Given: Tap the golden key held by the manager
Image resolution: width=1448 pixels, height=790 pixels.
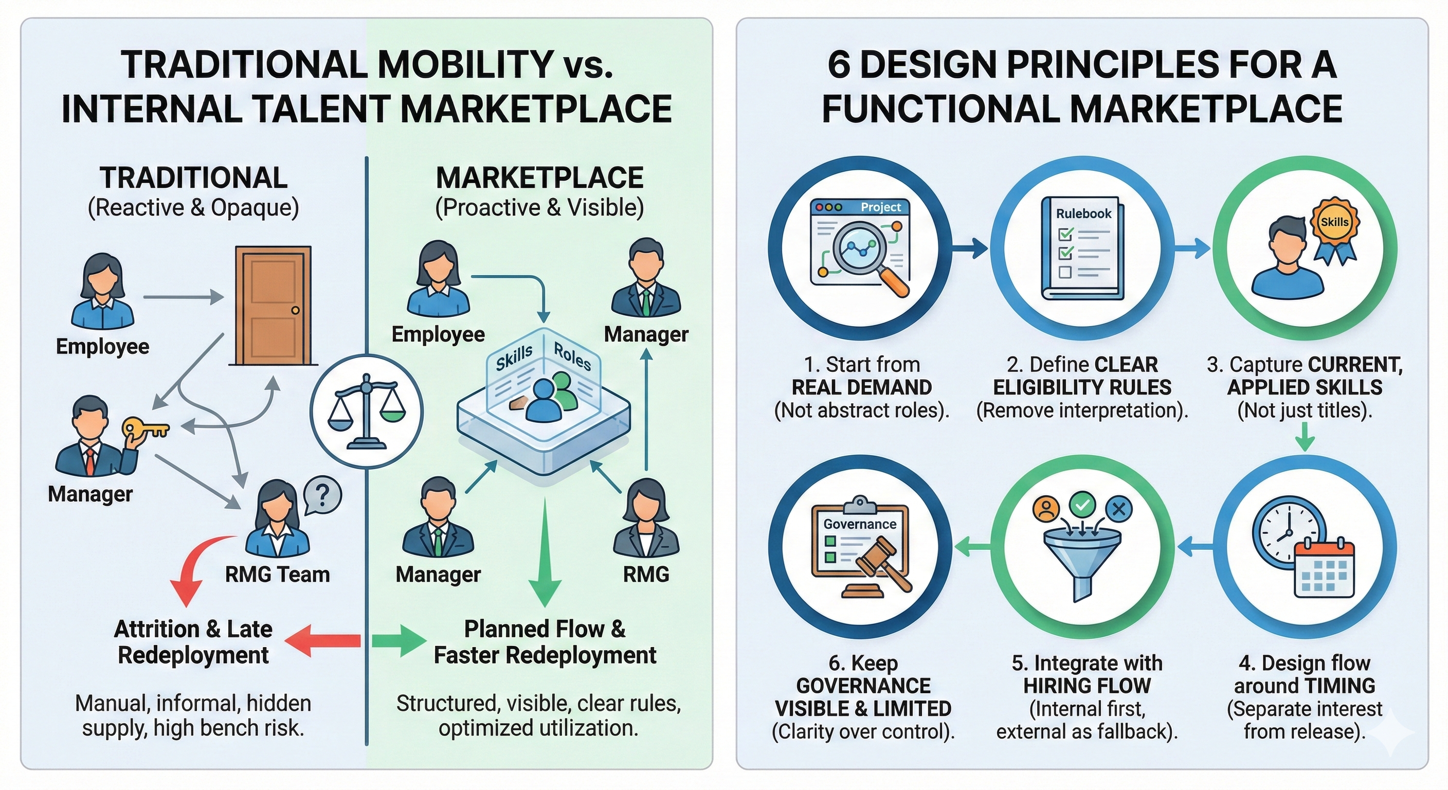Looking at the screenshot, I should [144, 429].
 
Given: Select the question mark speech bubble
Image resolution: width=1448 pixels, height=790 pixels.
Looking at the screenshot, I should [322, 495].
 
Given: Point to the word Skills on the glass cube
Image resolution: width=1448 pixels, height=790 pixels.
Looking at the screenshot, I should [514, 357].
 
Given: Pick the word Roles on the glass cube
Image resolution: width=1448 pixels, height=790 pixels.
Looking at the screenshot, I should [572, 356].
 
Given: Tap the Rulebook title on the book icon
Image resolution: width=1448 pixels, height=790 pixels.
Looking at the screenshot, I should [1083, 213].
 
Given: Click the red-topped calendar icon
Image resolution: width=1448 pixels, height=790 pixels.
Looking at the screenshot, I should [1324, 569].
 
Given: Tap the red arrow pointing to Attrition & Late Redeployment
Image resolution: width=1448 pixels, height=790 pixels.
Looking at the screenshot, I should [323, 640].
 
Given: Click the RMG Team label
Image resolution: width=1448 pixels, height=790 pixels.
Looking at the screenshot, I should [277, 574].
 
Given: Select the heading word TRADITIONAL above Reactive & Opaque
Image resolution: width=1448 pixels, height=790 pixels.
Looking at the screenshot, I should [193, 178].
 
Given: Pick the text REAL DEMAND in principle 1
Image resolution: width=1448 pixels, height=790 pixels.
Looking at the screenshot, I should [861, 387].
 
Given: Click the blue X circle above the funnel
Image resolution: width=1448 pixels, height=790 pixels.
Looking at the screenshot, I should [1118, 509].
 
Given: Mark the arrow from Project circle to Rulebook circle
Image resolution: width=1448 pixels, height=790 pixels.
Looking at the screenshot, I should [970, 248].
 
